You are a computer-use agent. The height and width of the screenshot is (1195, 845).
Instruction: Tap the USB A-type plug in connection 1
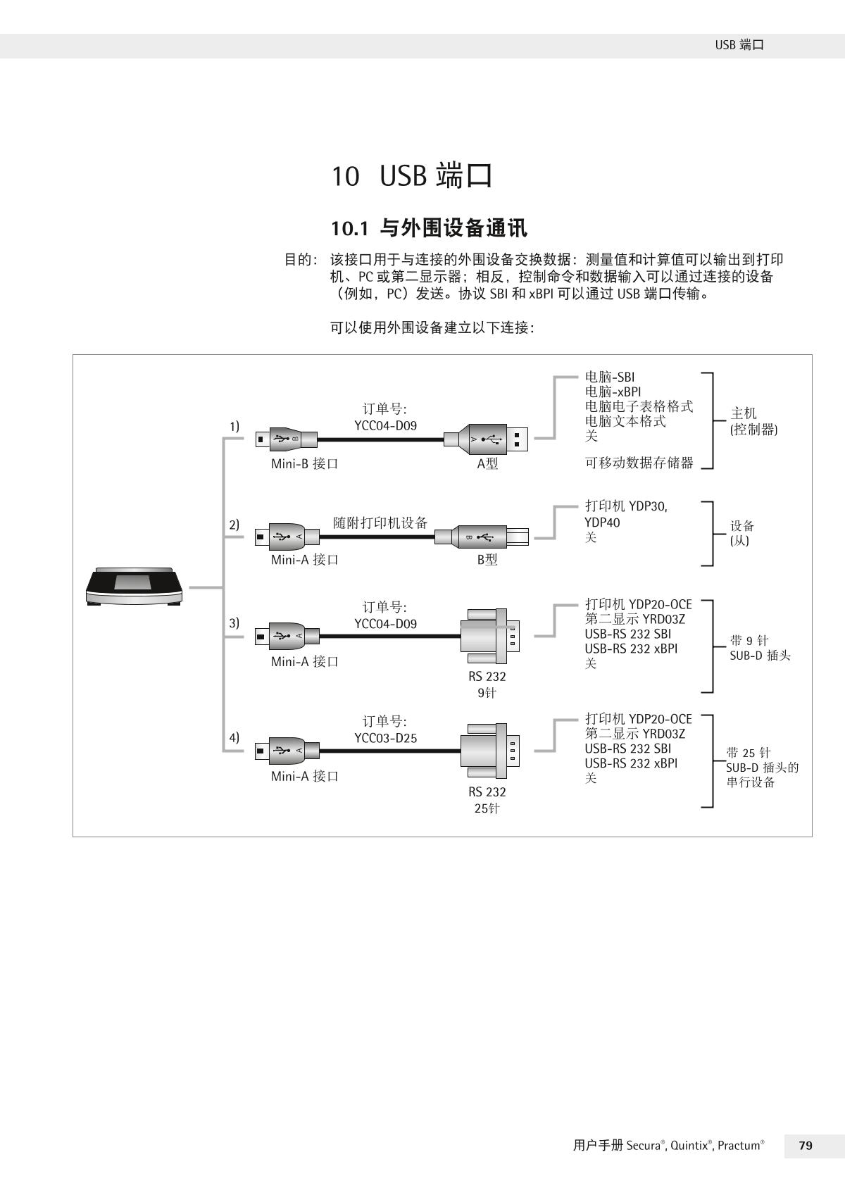click(x=489, y=439)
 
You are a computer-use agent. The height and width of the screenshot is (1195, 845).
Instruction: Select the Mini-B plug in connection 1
click(x=282, y=439)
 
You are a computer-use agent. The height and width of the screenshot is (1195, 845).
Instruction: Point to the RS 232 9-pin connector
click(x=490, y=636)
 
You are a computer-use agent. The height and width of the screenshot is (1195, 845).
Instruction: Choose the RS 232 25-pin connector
click(x=490, y=751)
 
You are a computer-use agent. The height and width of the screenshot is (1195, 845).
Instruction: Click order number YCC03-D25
click(x=385, y=738)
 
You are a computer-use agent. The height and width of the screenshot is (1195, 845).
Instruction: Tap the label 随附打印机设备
click(x=380, y=523)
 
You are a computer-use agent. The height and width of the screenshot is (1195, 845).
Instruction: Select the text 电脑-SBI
click(x=610, y=377)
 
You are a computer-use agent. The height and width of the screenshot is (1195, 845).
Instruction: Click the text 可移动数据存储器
click(x=639, y=463)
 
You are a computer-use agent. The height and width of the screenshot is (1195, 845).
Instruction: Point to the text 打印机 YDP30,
click(x=626, y=506)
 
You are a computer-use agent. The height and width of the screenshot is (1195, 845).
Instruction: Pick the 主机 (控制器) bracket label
click(x=753, y=421)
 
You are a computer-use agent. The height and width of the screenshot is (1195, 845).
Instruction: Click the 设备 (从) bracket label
click(x=742, y=533)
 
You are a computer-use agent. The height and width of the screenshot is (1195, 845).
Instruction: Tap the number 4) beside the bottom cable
click(x=234, y=737)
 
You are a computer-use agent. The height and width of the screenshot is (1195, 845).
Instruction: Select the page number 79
click(x=806, y=1146)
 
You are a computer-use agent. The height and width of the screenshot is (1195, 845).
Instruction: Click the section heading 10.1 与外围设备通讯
click(x=429, y=228)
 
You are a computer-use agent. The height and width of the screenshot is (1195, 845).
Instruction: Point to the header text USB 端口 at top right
click(x=739, y=45)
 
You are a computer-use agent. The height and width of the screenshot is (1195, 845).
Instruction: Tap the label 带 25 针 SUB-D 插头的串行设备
click(x=762, y=768)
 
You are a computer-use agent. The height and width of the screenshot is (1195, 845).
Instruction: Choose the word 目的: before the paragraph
click(x=301, y=260)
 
